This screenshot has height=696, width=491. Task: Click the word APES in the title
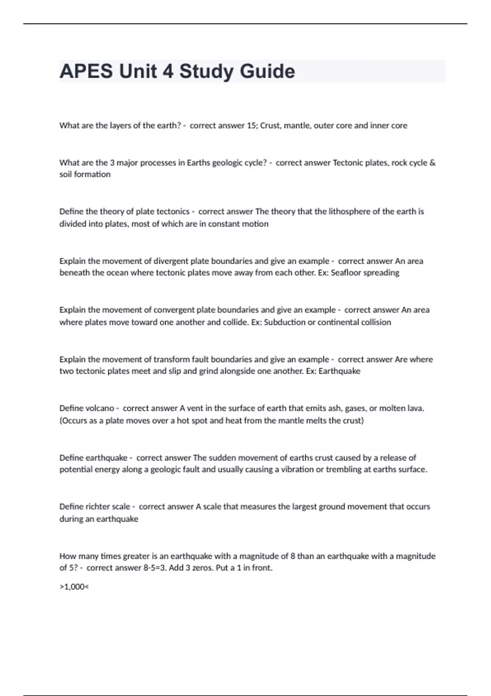click(x=86, y=71)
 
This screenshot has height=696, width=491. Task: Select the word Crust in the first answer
click(x=270, y=126)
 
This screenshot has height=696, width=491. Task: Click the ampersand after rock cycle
click(x=432, y=163)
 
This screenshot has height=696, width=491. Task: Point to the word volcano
click(x=100, y=408)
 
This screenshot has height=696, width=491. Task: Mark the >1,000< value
click(x=74, y=587)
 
